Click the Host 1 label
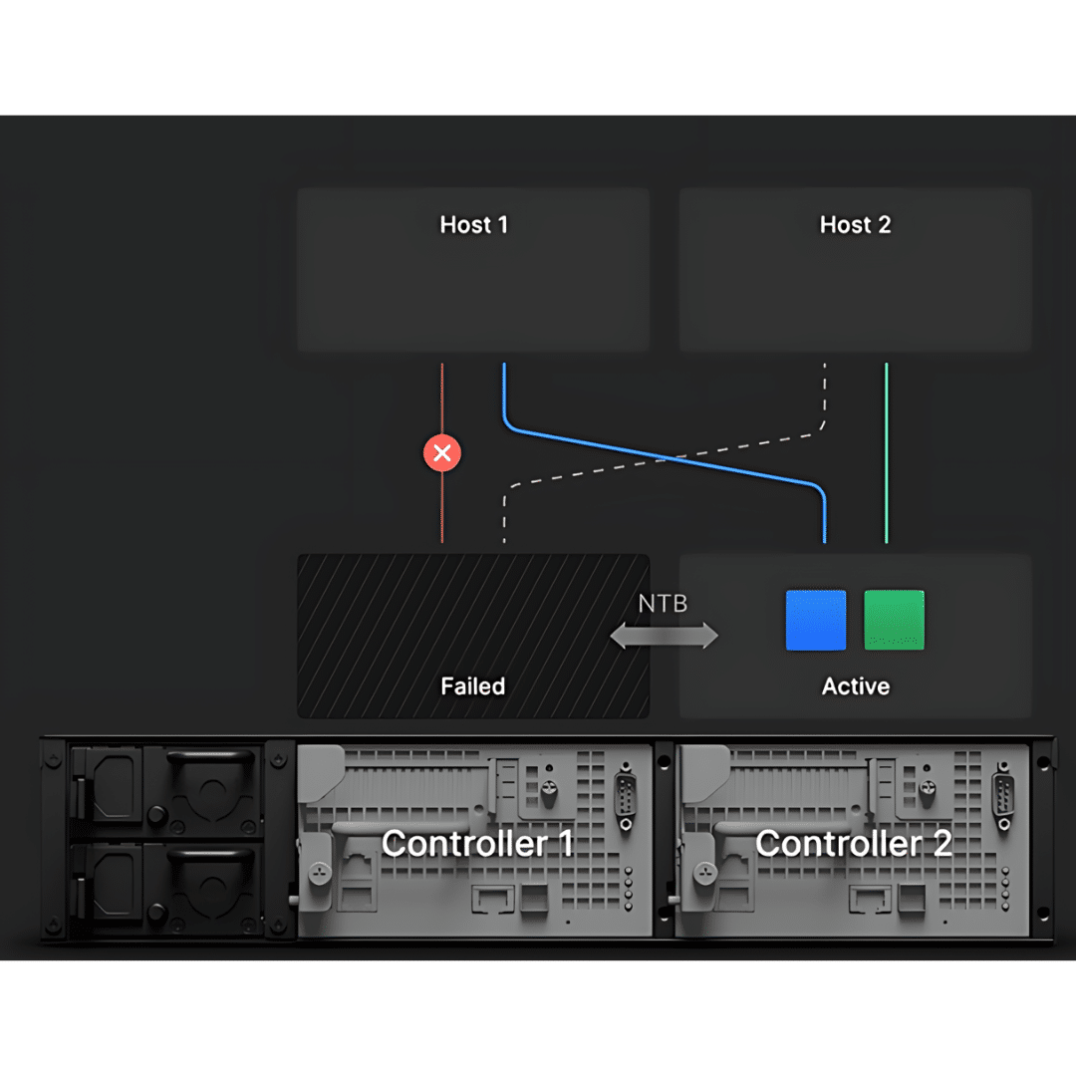pos(473,225)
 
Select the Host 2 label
pos(855,225)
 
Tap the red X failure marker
pos(442,454)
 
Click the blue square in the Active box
pos(816,620)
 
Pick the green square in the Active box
pos(894,620)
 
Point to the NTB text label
pos(663,604)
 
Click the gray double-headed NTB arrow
pos(664,636)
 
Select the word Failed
pos(473,686)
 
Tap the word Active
pos(855,686)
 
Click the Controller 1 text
pos(477,844)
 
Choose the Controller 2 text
pos(853,844)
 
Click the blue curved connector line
pos(666,457)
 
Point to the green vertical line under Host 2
pos(886,453)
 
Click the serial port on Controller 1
pos(627,796)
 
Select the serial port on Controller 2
pos(1003,796)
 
